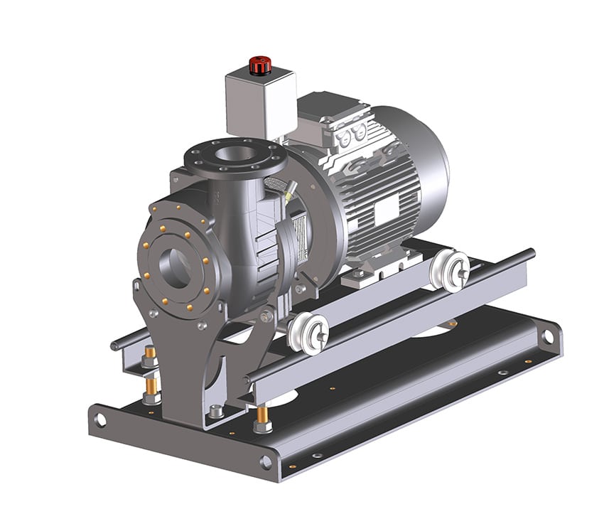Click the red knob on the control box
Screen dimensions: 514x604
click(x=259, y=63)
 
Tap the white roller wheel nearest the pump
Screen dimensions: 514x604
click(x=306, y=332)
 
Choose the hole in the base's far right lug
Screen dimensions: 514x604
click(x=549, y=333)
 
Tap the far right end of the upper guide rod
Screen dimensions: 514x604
click(x=532, y=252)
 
